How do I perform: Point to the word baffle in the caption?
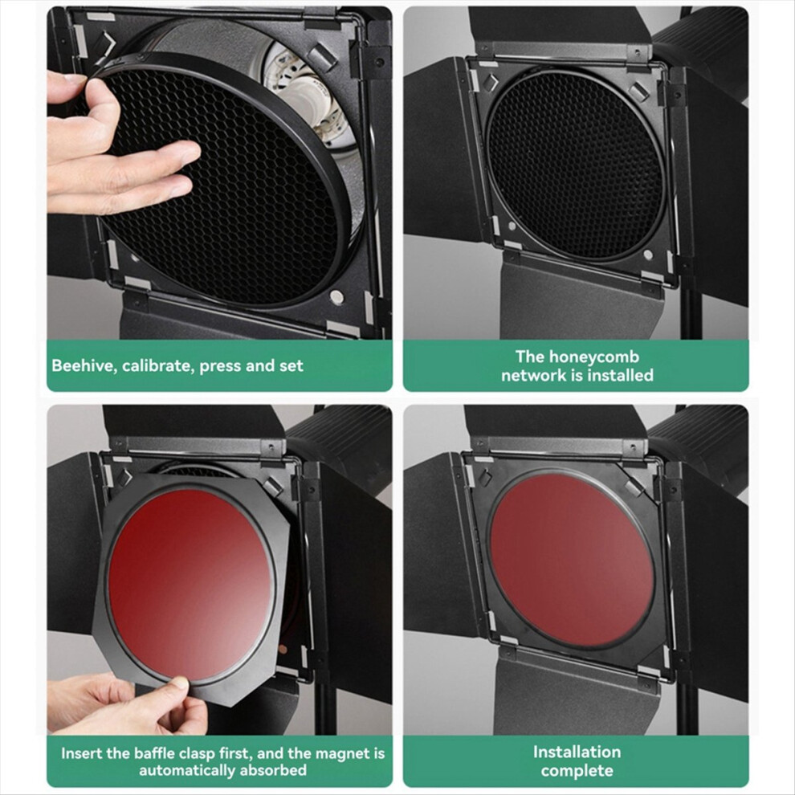177,753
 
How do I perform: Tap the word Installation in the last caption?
577,752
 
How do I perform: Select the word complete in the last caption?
577,771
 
